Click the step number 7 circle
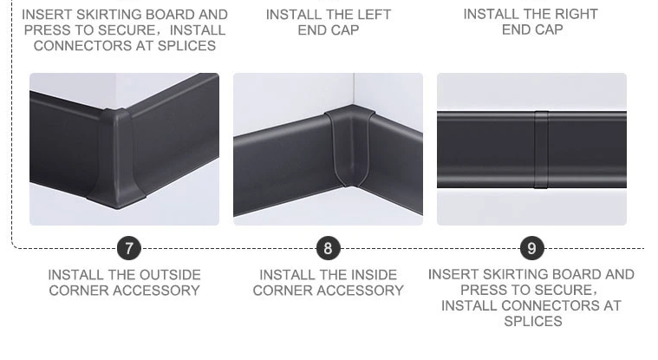[129, 248]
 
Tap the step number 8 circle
[329, 248]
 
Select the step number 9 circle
[531, 248]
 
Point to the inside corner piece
[348, 146]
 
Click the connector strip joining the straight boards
[541, 149]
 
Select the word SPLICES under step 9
[533, 321]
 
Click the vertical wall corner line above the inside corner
[354, 89]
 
